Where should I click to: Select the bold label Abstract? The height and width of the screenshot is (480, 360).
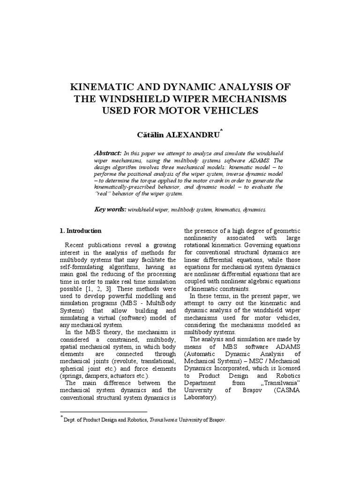(x=108, y=153)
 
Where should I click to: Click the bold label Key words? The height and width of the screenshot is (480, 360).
(x=110, y=210)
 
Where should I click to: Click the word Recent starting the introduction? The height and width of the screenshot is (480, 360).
(x=75, y=245)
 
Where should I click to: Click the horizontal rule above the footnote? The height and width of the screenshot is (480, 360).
(x=103, y=411)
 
